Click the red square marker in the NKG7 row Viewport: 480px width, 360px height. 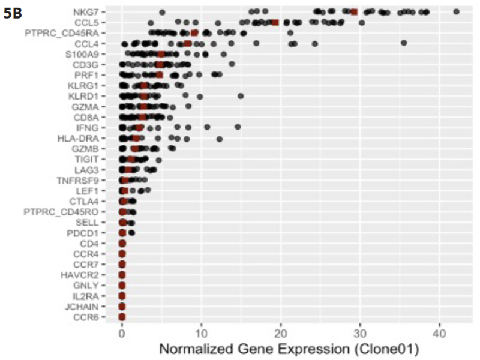[354, 12]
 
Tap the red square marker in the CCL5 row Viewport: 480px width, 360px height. [275, 22]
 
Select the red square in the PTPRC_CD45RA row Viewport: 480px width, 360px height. [194, 33]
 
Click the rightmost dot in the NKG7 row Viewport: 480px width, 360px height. [457, 11]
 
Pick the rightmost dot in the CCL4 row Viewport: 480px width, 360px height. [404, 43]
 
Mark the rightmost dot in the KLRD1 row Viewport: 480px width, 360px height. [241, 95]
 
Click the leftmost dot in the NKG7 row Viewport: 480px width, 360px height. [162, 12]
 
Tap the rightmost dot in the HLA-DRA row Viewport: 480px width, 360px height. [220, 139]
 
